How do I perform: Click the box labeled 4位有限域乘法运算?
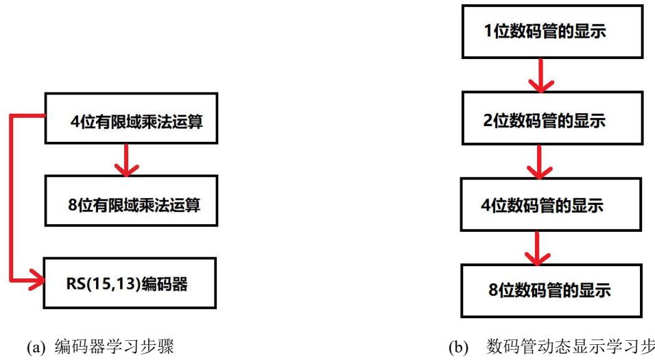point(131,118)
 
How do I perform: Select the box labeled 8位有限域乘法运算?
point(131,201)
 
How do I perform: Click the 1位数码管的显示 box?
point(552,32)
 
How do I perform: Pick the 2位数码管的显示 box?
point(552,118)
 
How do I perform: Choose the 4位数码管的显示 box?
point(551,204)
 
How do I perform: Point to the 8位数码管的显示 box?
point(551,291)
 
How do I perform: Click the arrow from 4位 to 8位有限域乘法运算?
point(126,160)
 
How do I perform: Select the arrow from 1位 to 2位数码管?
point(541,75)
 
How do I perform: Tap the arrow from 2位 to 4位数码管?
point(539,162)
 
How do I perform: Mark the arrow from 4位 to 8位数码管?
point(537,248)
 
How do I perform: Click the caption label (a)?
point(36,348)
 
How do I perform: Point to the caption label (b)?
point(459,348)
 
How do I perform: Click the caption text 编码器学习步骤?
point(114,347)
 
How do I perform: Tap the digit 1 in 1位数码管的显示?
point(488,30)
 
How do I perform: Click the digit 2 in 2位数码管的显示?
point(488,120)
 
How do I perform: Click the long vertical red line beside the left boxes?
point(11,198)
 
